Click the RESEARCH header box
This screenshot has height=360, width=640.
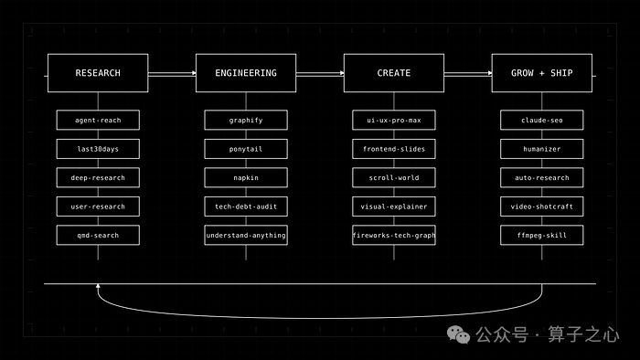pos(98,73)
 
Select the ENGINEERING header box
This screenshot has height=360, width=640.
pos(246,73)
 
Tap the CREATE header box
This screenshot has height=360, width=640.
pos(394,73)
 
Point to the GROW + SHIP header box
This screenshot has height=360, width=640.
pos(542,73)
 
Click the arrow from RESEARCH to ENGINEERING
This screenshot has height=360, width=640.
pos(172,73)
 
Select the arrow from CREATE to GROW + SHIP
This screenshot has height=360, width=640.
pos(468,73)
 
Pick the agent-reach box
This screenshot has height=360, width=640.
pos(98,121)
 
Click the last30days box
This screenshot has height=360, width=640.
pos(98,149)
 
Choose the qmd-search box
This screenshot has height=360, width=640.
pos(98,235)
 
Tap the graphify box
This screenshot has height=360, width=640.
pos(246,121)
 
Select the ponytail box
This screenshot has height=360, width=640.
pos(246,149)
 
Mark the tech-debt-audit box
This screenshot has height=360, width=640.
pos(246,206)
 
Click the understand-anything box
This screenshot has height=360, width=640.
pos(246,235)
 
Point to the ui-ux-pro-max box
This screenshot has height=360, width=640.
pos(394,121)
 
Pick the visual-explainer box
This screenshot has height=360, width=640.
pos(394,206)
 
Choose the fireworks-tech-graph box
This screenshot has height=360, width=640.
pos(394,235)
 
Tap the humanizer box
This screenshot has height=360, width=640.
pos(542,149)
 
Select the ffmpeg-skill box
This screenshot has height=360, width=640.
pos(542,235)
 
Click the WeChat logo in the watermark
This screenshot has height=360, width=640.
pos(458,334)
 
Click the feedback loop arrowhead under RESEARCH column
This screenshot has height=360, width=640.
pos(98,286)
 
